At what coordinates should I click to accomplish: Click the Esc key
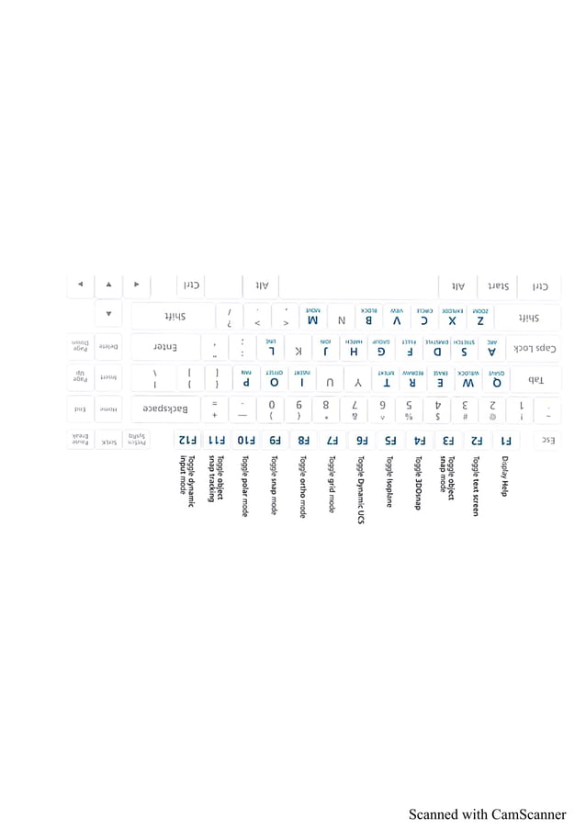click(547, 440)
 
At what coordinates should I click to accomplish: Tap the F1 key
click(504, 440)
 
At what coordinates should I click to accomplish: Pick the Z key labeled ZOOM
click(479, 318)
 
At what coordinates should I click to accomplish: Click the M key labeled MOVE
click(312, 318)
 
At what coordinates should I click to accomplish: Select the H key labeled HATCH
click(354, 348)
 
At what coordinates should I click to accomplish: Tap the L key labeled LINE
click(271, 348)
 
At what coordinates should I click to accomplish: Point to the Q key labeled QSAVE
click(496, 378)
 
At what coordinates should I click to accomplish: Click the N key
click(342, 318)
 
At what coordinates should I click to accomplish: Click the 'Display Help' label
click(504, 477)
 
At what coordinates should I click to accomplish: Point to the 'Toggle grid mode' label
click(332, 484)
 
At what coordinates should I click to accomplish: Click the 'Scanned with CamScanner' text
click(487, 813)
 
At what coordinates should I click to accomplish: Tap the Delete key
click(108, 347)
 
